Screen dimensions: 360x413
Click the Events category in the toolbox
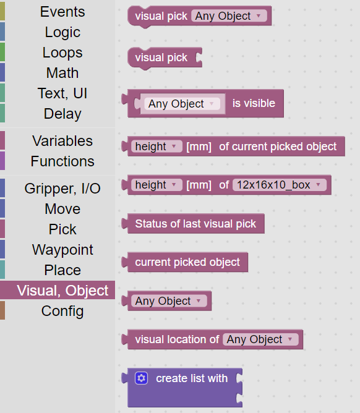tap(62, 12)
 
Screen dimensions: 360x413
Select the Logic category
tap(62, 32)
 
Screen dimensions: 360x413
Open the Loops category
tap(62, 53)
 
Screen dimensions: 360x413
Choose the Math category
tap(62, 73)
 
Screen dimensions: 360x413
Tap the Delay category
tap(62, 114)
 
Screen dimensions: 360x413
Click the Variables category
tap(62, 140)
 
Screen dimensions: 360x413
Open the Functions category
tap(62, 161)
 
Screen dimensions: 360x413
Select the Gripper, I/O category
tap(62, 189)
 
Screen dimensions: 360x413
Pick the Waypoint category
tap(62, 250)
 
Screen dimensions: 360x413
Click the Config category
tap(62, 311)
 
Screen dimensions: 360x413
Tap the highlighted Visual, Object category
tap(62, 291)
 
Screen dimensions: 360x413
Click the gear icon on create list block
tap(142, 378)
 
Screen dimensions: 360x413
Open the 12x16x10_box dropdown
tap(280, 185)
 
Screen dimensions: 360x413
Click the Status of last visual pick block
tap(195, 224)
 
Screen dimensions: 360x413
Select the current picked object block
tap(187, 262)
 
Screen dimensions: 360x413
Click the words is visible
tap(254, 103)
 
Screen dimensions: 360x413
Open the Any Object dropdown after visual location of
tap(260, 339)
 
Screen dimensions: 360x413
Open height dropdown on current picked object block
tap(156, 147)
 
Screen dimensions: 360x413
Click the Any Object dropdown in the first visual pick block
tap(229, 16)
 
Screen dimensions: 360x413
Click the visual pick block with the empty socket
tap(165, 57)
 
